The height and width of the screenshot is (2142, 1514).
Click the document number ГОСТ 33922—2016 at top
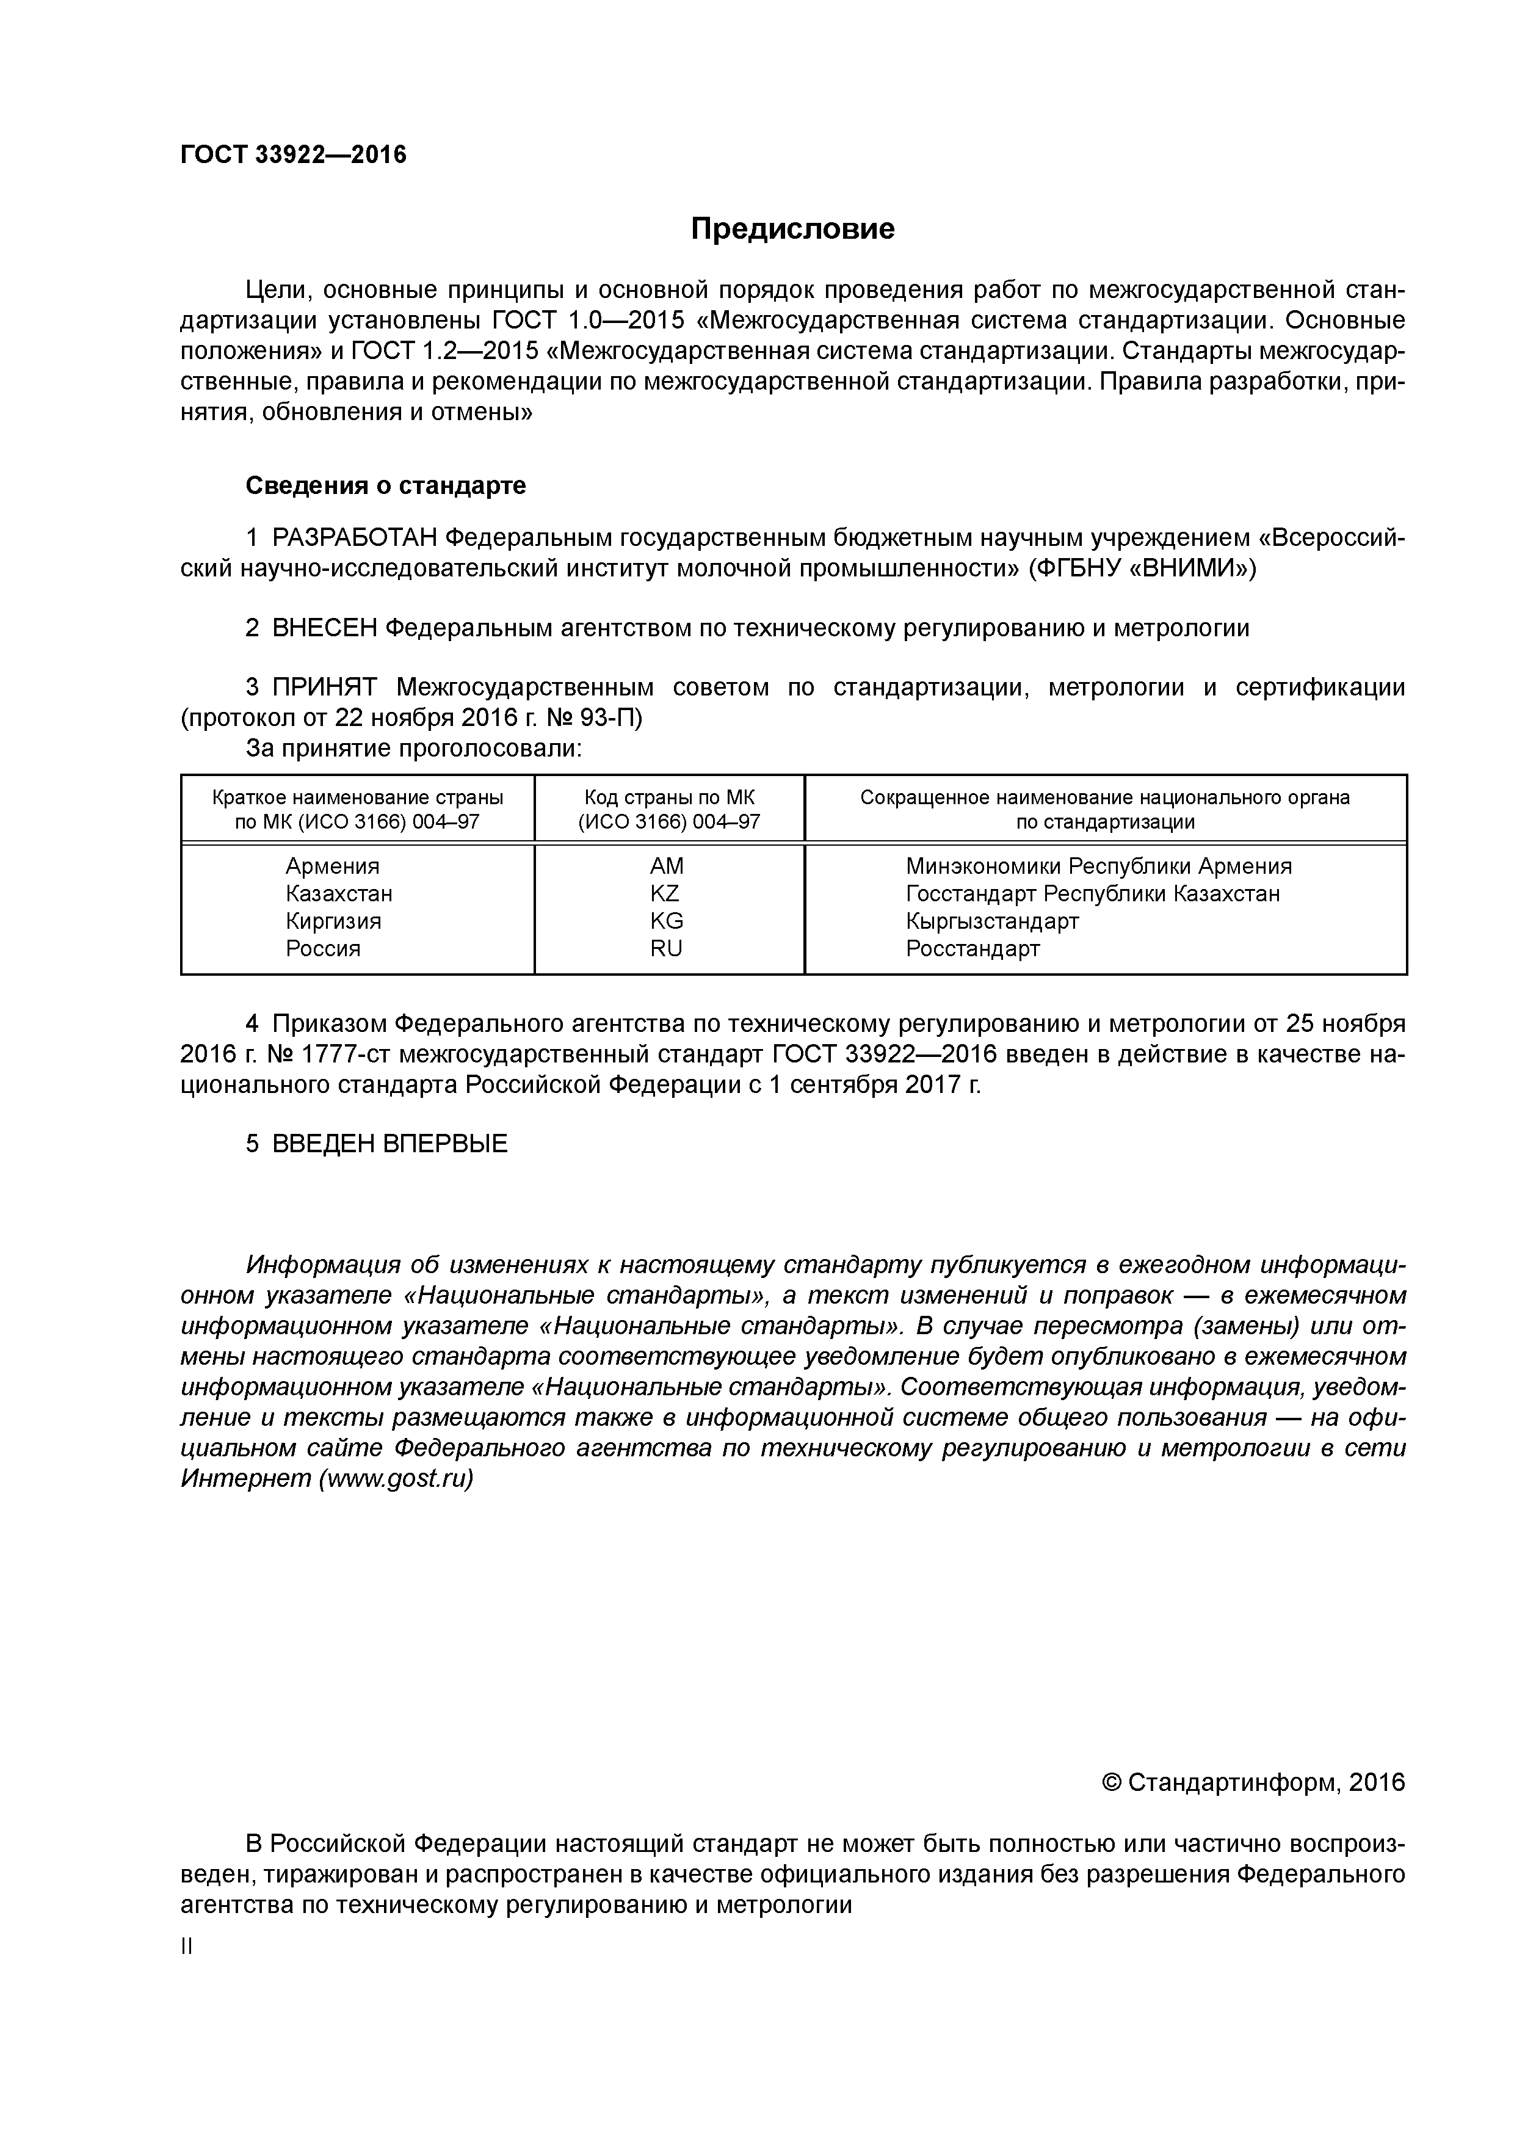tap(294, 155)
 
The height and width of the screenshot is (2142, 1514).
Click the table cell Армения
tap(332, 866)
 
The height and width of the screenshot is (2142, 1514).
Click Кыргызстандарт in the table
tap(991, 921)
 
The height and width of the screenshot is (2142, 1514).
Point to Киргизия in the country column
tap(333, 921)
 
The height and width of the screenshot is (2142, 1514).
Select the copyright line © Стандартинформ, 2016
tap(1253, 1783)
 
